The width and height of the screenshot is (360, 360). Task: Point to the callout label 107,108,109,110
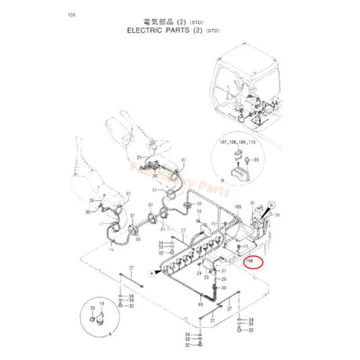243,142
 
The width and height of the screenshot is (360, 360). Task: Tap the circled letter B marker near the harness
272,205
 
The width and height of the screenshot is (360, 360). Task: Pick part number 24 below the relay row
199,274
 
